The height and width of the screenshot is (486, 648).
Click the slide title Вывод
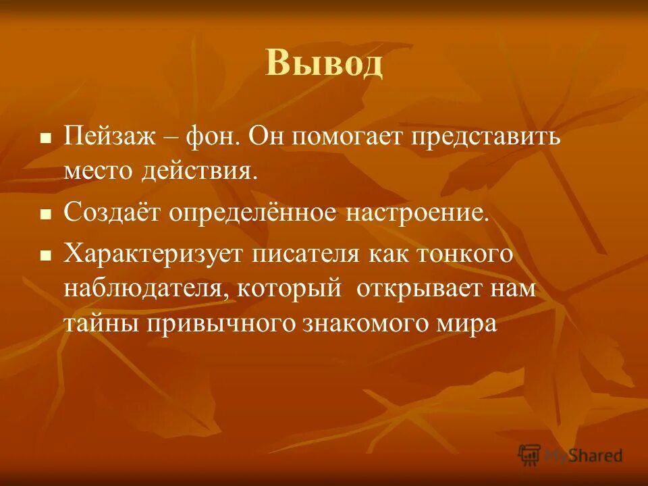pyautogui.click(x=324, y=64)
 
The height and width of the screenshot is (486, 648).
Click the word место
pyautogui.click(x=99, y=169)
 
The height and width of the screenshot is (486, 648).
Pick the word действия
pyautogui.click(x=199, y=169)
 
